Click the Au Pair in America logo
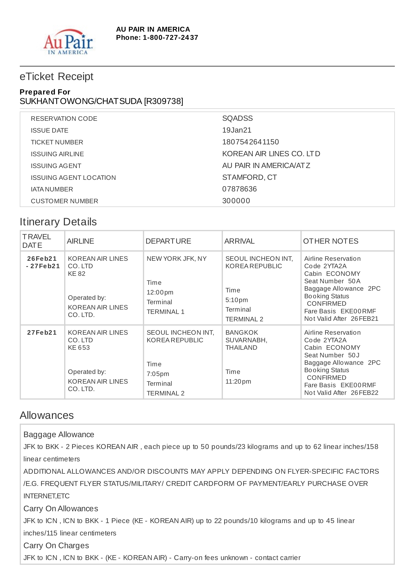point(68,42)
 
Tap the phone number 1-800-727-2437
point(170,38)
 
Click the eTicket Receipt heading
point(57,77)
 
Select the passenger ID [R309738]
point(164,101)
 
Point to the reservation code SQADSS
point(237,118)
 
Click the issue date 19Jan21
point(237,130)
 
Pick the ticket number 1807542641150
point(250,142)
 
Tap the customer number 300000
point(236,201)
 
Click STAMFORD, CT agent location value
point(249,177)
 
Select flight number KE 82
point(76,274)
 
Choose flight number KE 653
point(79,348)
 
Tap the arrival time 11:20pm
point(238,381)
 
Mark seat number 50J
point(354,355)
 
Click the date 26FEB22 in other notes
point(364,393)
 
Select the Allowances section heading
point(47,415)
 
